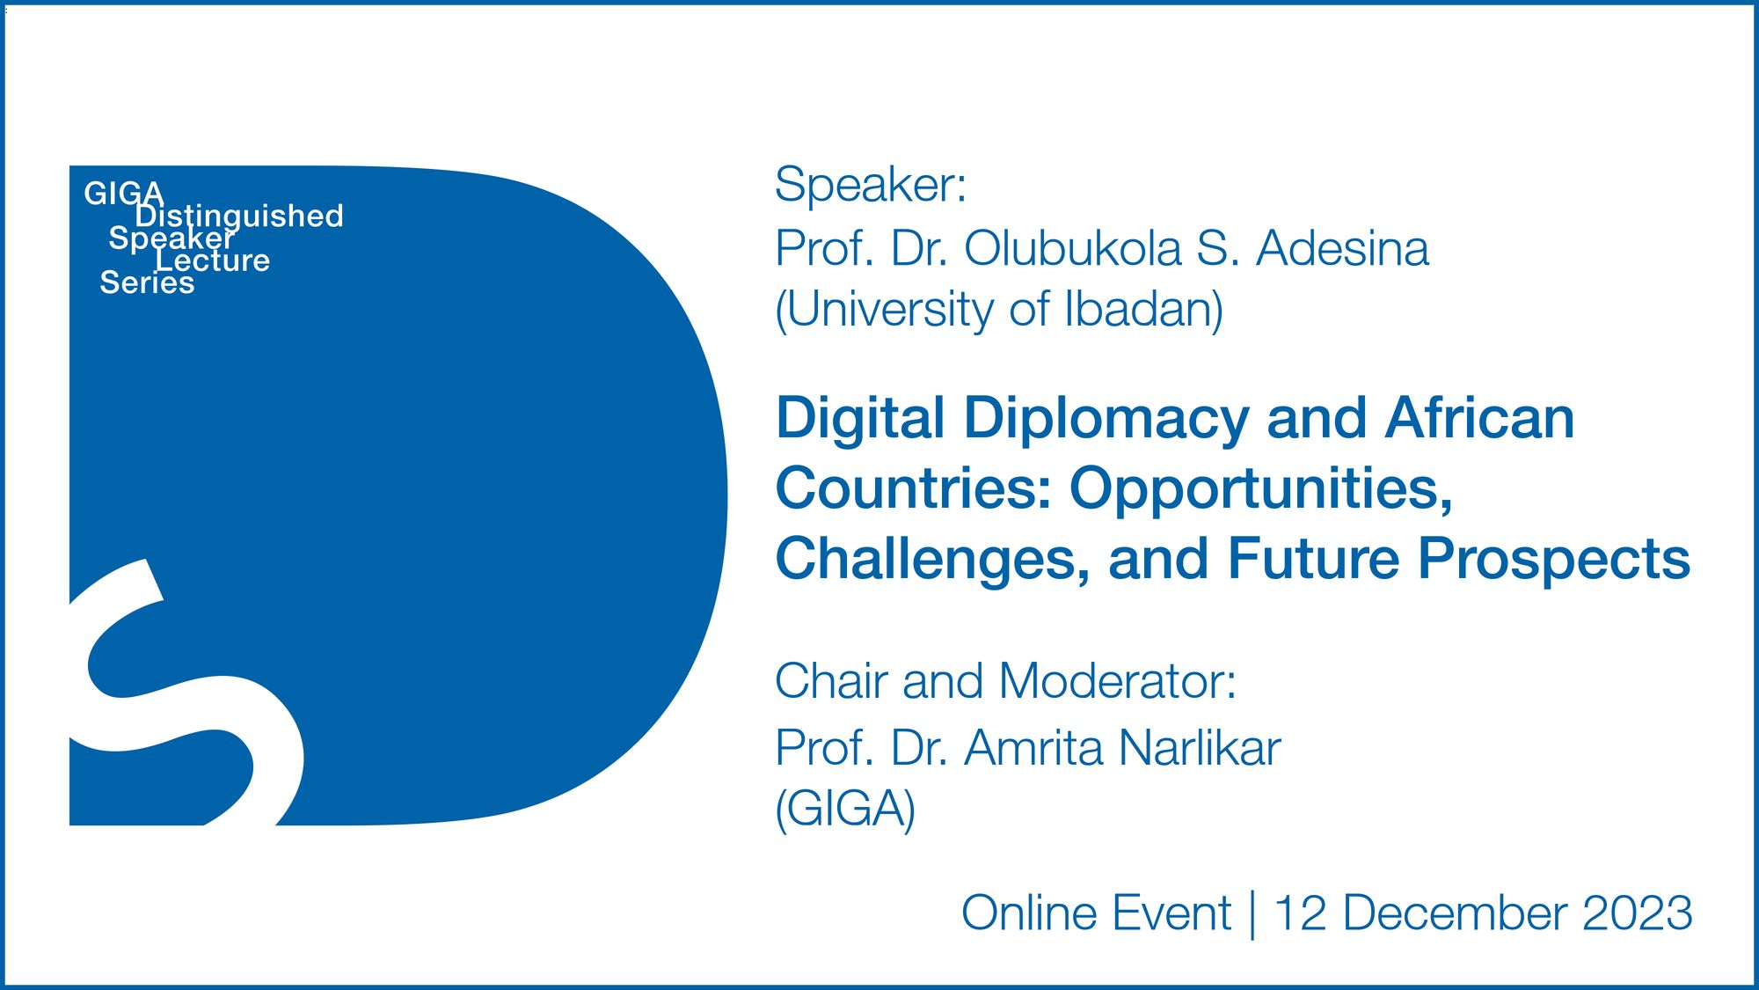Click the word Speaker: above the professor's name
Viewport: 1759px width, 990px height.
pos(870,185)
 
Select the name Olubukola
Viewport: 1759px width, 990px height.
pos(1072,249)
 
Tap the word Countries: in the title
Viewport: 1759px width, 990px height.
pos(913,488)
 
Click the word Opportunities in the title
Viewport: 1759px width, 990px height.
pos(1259,490)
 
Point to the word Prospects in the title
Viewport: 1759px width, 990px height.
pos(1554,561)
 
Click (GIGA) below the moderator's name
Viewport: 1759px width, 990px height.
pos(844,809)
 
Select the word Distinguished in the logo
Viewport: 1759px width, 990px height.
pos(239,216)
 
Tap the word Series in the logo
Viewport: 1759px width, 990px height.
pos(147,282)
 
